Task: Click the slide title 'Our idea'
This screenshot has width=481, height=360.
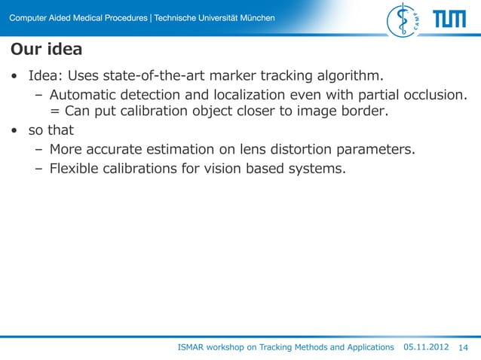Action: (x=46, y=50)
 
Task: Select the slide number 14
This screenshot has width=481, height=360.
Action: (x=463, y=347)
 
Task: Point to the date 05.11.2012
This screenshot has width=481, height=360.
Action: (x=427, y=347)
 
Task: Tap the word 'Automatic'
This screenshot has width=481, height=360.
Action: (x=81, y=95)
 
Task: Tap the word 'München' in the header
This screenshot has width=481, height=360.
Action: (x=256, y=17)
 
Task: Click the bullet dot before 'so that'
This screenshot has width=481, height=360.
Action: (x=14, y=131)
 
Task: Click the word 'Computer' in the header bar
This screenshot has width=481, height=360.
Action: (x=29, y=17)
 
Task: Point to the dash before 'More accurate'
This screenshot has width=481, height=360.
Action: (x=38, y=150)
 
